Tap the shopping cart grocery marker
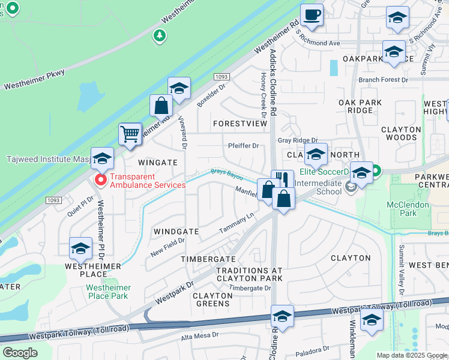(130, 134)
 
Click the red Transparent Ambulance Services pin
(101, 180)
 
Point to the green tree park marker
(159, 36)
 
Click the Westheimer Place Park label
(107, 292)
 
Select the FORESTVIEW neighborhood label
(240, 123)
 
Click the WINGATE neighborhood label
(158, 163)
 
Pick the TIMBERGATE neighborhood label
(208, 259)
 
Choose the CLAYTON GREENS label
(212, 299)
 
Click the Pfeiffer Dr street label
(243, 146)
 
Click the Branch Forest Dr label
(383, 80)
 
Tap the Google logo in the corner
(20, 352)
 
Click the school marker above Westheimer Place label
(81, 248)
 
